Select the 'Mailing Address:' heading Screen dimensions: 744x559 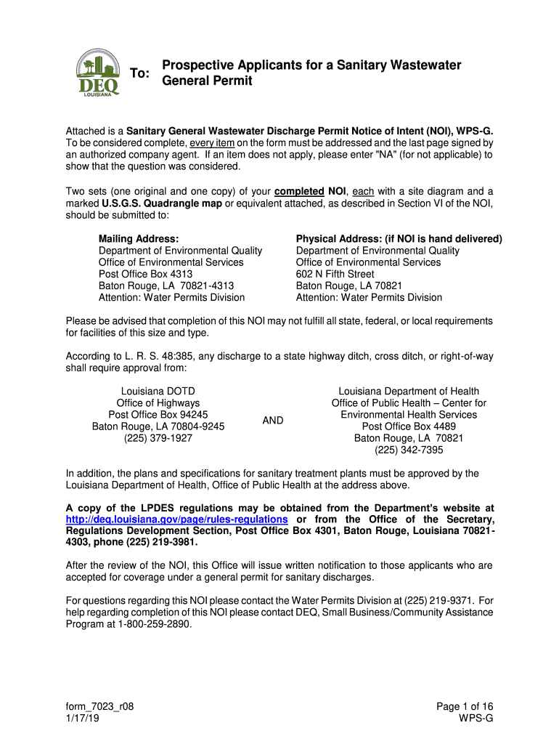pos(139,239)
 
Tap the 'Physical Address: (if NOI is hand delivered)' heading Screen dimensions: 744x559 pos(399,239)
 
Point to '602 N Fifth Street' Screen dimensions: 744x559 pos(335,274)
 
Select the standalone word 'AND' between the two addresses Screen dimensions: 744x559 pos(273,421)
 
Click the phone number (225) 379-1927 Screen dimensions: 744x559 pos(158,438)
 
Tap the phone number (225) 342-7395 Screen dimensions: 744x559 pos(409,450)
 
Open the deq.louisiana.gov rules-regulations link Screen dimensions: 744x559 pos(177,519)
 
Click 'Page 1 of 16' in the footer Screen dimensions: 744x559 pos(465,706)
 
